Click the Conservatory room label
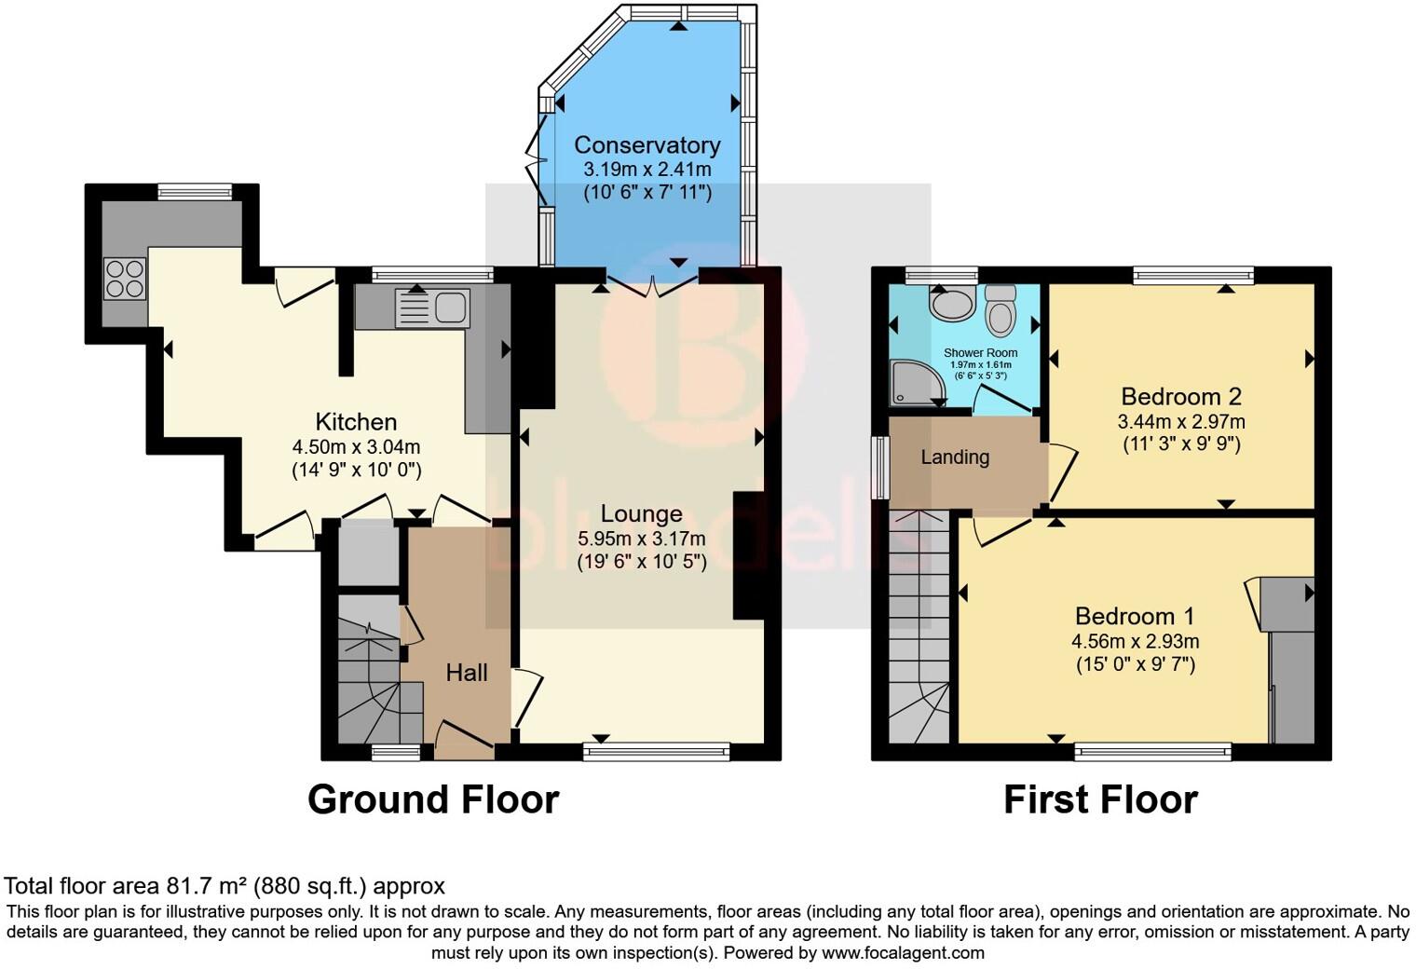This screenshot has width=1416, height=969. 647,145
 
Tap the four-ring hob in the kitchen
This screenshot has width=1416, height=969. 125,278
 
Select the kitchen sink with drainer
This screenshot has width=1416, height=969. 432,308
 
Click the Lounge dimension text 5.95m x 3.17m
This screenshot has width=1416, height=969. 641,539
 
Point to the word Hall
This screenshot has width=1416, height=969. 466,673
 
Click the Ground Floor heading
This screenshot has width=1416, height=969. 432,799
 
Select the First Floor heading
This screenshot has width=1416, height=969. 1100,799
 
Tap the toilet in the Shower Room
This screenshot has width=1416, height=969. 1001,309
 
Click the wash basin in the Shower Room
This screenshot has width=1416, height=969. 950,304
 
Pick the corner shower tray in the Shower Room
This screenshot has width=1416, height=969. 910,382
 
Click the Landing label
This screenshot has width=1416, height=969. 955,457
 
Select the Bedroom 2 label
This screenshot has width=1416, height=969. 1181,396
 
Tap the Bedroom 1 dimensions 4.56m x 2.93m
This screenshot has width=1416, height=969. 1135,641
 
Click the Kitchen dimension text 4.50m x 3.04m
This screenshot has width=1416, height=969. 356,446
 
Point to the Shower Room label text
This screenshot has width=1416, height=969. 980,353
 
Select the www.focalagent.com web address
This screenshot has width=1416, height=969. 903,953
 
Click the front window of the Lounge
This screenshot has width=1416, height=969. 657,751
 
